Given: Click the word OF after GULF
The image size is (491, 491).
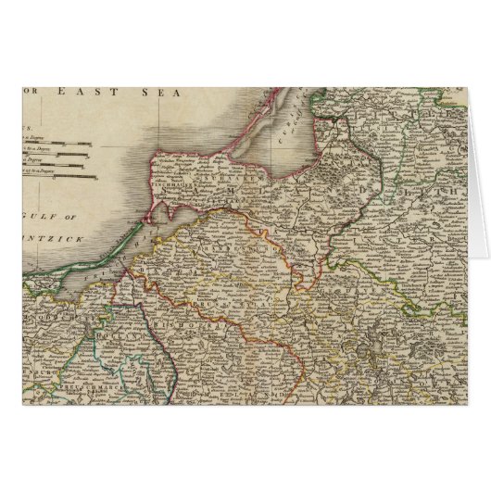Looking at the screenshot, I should point(73,217).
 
